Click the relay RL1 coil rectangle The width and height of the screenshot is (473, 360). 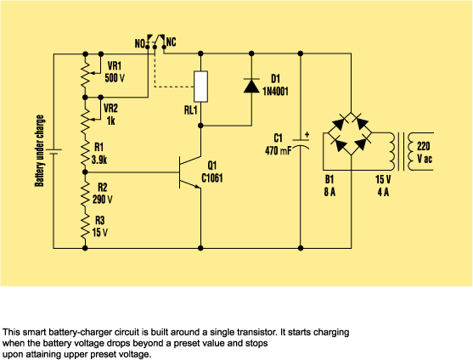coord(200,86)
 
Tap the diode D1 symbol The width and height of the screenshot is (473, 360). coord(251,86)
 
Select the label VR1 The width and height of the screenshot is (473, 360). coord(113,65)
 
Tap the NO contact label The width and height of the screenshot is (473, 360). coord(138,42)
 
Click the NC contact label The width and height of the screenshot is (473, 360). coord(172,42)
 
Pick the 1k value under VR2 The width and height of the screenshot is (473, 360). coord(108,121)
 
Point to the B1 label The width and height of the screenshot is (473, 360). coord(330,180)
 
